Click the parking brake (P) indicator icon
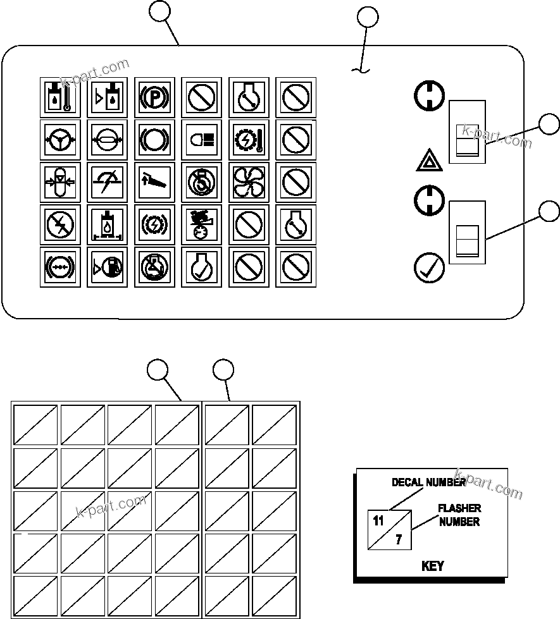tap(154, 97)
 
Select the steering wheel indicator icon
tap(60, 139)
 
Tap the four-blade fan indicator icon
tap(249, 181)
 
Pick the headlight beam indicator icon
tap(202, 139)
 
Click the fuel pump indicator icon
tap(107, 267)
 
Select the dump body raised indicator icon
tap(154, 181)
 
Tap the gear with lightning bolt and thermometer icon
tap(249, 139)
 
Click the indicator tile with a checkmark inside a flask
tap(202, 267)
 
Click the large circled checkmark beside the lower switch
tap(429, 267)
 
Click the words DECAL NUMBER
tap(428, 482)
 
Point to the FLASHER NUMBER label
tap(459, 515)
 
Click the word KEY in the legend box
tap(432, 566)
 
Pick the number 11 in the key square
tap(378, 522)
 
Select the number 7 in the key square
tap(399, 541)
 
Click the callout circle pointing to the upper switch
tap(549, 124)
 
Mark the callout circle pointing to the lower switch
tap(549, 211)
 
